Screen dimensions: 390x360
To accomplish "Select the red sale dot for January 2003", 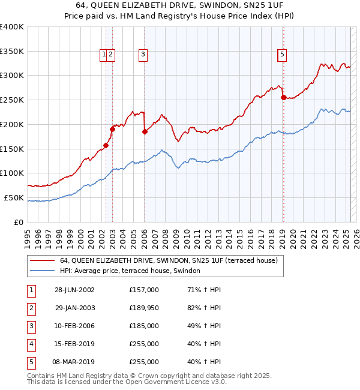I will pos(112,129).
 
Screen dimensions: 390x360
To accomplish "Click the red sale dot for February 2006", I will pos(145,131).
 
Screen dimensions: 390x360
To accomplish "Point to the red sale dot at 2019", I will pos(283,97).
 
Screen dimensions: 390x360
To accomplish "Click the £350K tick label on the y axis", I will pos(12,51).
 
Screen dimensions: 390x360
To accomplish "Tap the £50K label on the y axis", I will pos(14,197).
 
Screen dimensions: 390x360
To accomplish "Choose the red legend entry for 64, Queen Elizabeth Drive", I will pos(168,261).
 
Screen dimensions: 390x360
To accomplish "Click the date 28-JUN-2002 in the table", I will pos(74,290).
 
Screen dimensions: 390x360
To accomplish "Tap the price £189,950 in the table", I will pos(144,308).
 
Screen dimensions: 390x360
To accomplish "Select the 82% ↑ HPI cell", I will pos(204,308).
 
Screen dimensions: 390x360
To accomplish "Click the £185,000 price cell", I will pos(144,326).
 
